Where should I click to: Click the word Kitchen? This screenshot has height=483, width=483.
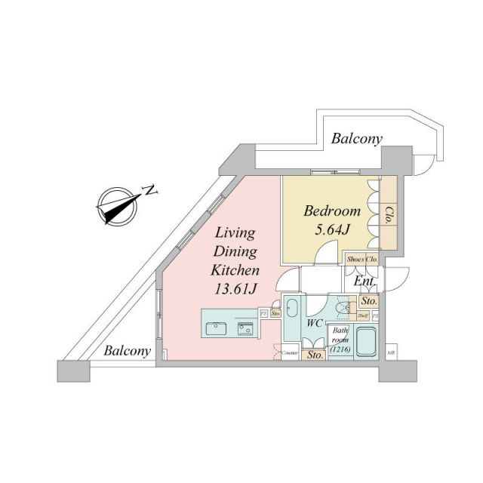[x=235, y=269]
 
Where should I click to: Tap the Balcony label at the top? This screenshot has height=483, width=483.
[x=357, y=139]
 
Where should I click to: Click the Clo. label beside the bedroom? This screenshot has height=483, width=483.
[x=389, y=217]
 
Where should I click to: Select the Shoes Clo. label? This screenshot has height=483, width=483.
[x=363, y=260]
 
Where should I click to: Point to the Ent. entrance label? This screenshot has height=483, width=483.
[x=365, y=281]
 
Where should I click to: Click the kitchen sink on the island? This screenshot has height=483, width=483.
[x=215, y=328]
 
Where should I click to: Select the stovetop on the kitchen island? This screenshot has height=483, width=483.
[x=245, y=328]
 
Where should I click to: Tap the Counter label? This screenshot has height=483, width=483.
[x=289, y=352]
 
